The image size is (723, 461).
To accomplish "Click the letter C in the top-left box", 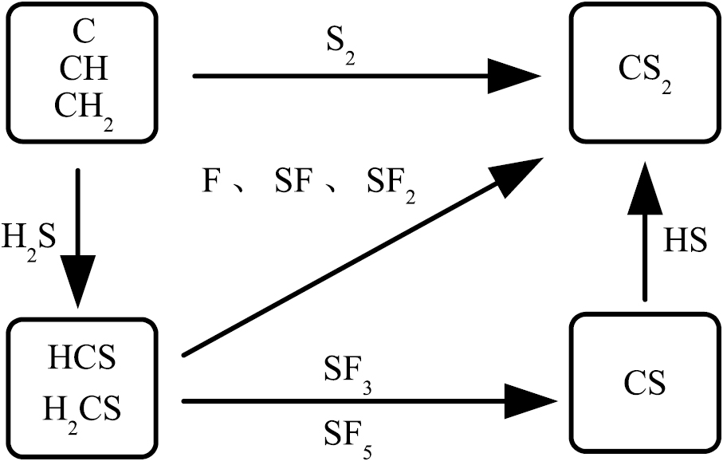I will pyautogui.click(x=84, y=33).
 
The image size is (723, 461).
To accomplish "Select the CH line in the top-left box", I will pyautogui.click(x=84, y=69).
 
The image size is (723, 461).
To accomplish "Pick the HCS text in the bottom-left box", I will pyautogui.click(x=82, y=358).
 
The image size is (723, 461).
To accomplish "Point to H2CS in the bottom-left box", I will pyautogui.click(x=82, y=409).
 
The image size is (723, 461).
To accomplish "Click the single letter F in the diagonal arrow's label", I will pyautogui.click(x=211, y=183).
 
